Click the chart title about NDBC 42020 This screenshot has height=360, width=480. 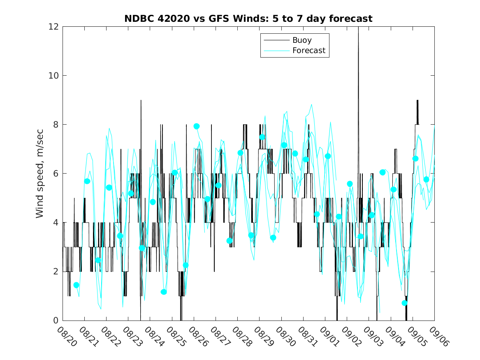[248, 19]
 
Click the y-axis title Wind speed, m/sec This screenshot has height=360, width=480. [39, 173]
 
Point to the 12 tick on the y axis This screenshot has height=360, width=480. [53, 26]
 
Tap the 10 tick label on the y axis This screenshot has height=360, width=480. [53, 76]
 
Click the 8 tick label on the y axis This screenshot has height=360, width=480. [56, 125]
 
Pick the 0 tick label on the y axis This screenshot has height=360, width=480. [56, 321]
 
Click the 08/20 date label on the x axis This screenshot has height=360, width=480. [67, 336]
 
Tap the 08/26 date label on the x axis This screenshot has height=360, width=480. [198, 336]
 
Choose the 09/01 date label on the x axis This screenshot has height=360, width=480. [329, 336]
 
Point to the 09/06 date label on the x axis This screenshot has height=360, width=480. [438, 336]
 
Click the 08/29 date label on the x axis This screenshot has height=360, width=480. [263, 336]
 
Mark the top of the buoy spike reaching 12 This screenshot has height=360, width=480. [358, 28]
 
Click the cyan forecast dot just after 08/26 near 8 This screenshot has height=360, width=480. [197, 126]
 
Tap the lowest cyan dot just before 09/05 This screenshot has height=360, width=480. [404, 303]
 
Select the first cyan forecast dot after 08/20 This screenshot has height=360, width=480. [76, 285]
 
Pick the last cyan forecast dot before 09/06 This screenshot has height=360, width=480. [426, 179]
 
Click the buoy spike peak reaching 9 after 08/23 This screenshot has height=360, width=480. [141, 100]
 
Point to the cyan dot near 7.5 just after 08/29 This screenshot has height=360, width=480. [262, 137]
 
